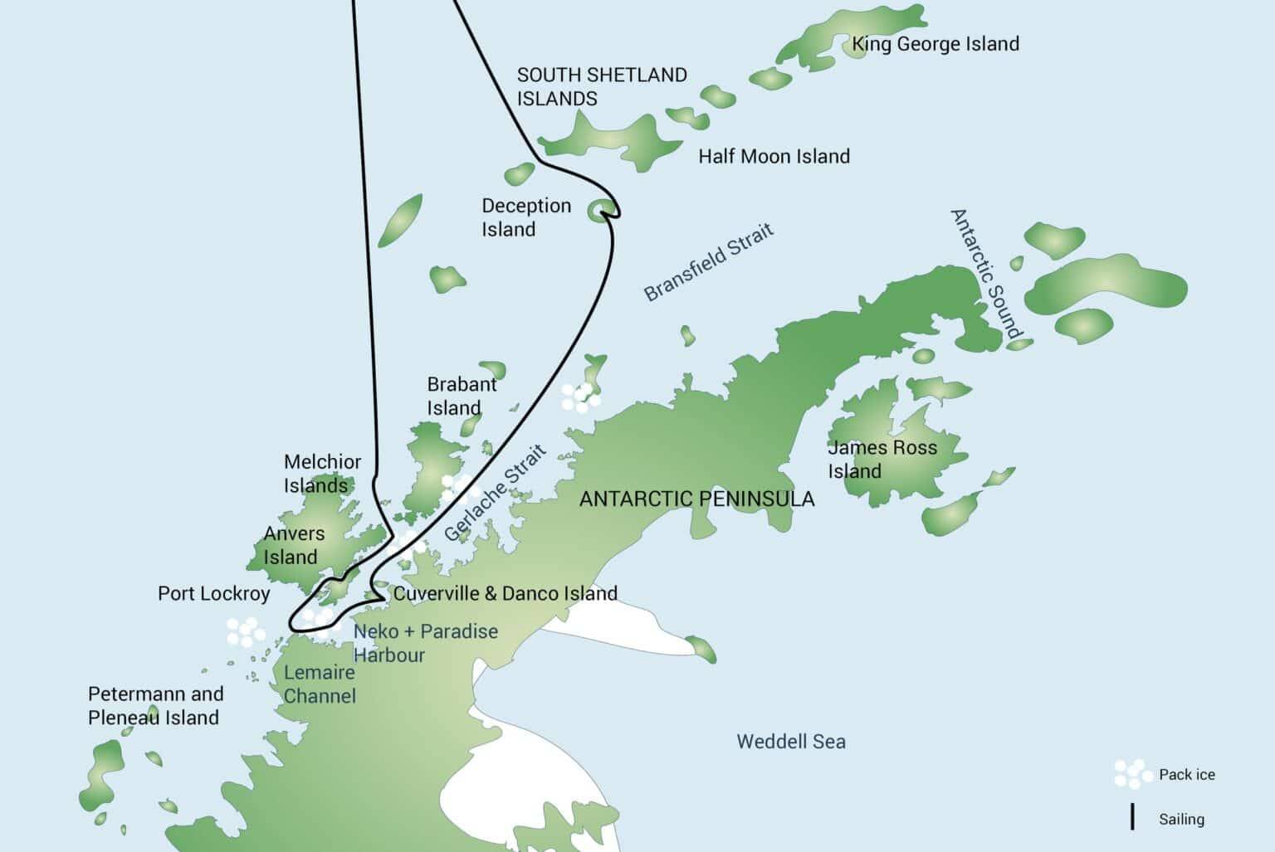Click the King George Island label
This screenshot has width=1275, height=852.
[935, 44]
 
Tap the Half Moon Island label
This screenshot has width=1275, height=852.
[774, 156]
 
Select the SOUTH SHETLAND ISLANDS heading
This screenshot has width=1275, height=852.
[602, 86]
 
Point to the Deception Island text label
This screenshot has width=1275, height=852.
[526, 217]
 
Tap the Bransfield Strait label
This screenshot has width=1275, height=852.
[709, 261]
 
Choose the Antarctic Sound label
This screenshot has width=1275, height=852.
[985, 274]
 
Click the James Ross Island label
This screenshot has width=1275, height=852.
[882, 460]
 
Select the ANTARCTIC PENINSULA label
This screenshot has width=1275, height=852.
[696, 499]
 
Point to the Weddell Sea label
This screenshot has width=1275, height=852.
[791, 742]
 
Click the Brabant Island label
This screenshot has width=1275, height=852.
[462, 396]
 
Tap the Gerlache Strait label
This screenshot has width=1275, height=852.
[496, 494]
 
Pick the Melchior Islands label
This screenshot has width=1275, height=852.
[322, 474]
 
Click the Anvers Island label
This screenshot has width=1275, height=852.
[294, 545]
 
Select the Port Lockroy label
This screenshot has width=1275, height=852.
[213, 594]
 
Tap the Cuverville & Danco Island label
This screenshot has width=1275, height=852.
[505, 593]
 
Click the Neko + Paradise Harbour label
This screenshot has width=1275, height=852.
[425, 643]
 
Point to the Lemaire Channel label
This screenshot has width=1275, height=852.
[320, 684]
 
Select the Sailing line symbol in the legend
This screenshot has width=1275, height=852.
[1132, 817]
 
